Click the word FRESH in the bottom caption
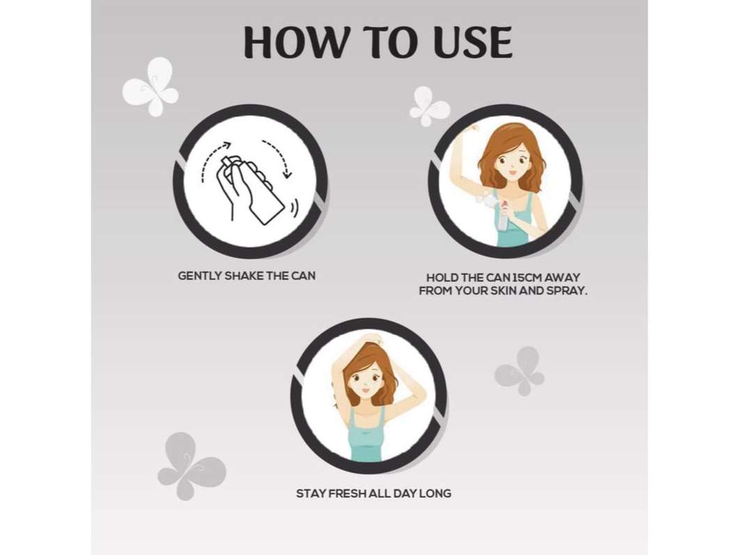[347, 494]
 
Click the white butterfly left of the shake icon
[150, 87]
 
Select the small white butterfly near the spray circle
[429, 107]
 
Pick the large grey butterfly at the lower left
[191, 465]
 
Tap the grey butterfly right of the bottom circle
[519, 371]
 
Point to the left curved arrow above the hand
[213, 158]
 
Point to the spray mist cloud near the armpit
[485, 203]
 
